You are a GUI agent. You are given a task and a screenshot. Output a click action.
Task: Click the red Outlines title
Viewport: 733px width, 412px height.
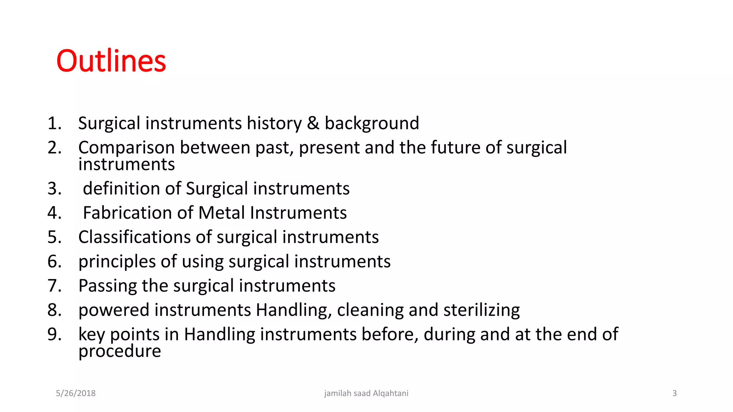tap(111, 61)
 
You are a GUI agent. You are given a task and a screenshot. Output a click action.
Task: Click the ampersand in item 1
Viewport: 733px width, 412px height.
tap(313, 123)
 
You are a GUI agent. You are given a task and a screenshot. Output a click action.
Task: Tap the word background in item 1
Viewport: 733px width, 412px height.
tap(372, 123)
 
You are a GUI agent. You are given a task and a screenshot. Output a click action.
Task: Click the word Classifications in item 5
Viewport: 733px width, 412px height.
tap(135, 237)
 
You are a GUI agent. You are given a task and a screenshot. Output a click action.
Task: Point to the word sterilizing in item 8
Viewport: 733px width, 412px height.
tap(481, 310)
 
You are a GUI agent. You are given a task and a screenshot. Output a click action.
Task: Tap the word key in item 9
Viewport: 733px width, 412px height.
tap(92, 335)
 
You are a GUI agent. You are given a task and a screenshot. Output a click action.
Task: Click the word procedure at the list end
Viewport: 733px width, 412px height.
tap(120, 351)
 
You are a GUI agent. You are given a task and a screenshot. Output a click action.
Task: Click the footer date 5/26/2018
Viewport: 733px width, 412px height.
tap(76, 393)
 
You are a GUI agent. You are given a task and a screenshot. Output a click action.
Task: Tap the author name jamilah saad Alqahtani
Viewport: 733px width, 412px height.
tap(366, 393)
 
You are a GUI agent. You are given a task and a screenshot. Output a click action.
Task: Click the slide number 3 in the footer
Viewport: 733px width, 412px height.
tap(674, 393)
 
